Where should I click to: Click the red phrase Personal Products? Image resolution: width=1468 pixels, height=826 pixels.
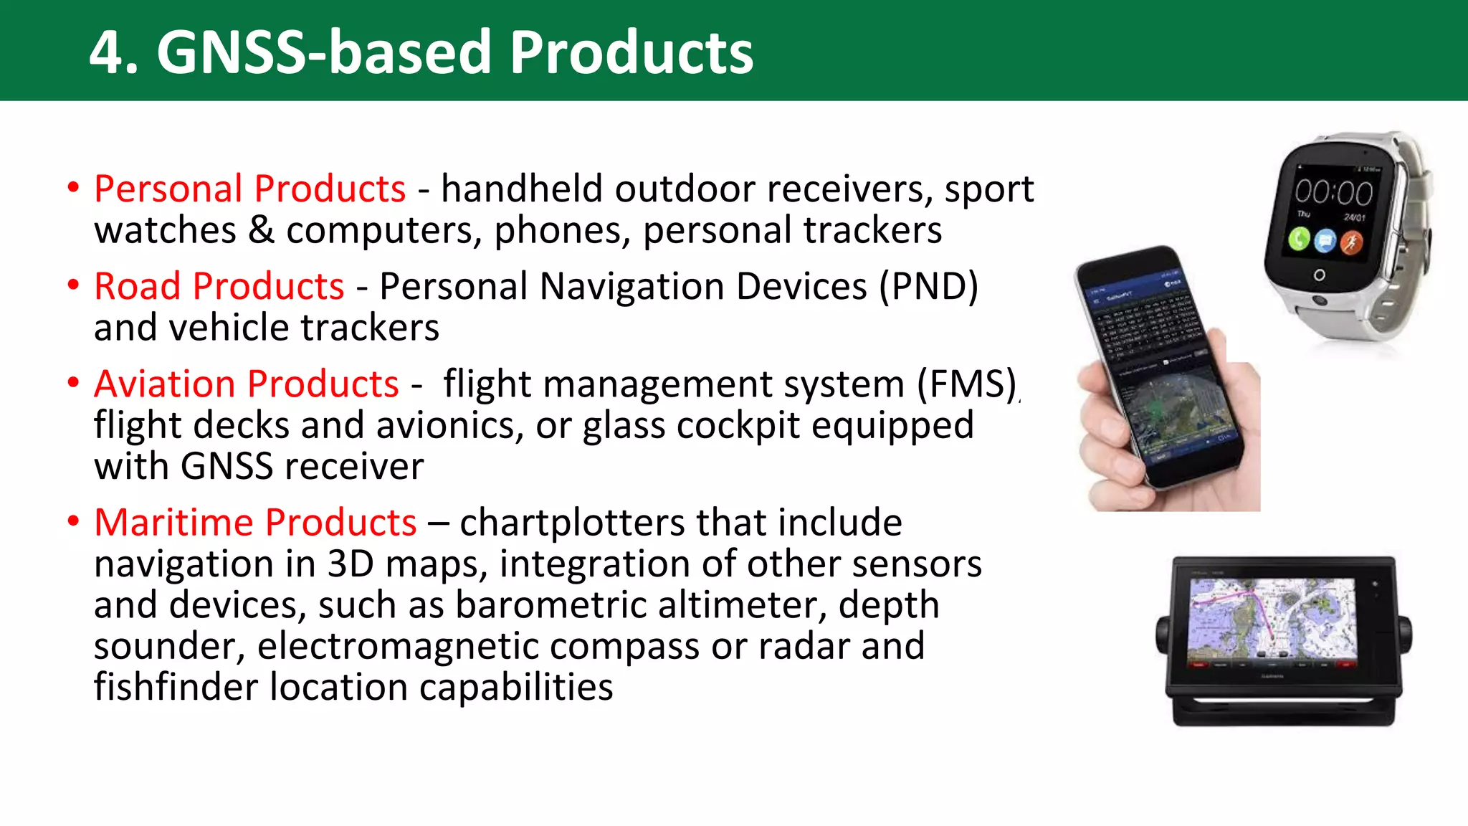click(x=250, y=189)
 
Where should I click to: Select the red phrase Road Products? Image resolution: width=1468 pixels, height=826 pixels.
click(x=219, y=287)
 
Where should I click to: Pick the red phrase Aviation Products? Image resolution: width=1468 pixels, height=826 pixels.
click(x=247, y=384)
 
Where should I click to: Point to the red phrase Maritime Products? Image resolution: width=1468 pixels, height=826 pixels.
click(x=255, y=523)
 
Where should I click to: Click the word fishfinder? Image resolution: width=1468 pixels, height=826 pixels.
click(x=176, y=687)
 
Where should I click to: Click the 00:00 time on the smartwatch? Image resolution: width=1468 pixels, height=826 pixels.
click(x=1333, y=192)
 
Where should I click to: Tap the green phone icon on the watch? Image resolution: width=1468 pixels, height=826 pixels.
click(x=1299, y=239)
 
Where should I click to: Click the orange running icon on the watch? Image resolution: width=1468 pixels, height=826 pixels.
click(x=1351, y=243)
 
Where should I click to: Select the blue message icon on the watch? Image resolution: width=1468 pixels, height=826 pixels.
click(x=1325, y=241)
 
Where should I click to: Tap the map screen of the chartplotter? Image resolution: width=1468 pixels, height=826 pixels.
click(x=1272, y=618)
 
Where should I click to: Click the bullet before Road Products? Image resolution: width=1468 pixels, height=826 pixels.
click(x=73, y=285)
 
